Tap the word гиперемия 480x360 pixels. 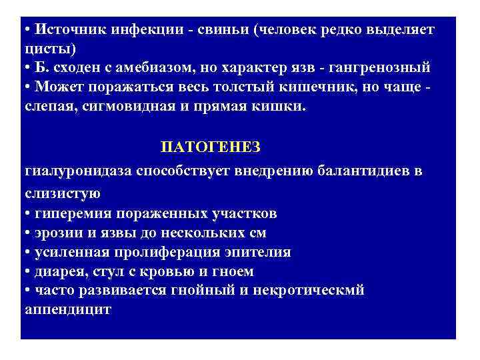(73, 213)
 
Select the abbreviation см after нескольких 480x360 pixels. (256, 233)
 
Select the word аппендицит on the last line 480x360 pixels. (67, 310)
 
